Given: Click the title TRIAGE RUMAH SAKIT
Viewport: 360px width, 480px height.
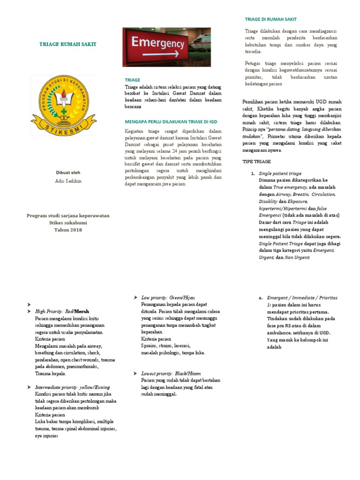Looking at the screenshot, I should pos(67,44).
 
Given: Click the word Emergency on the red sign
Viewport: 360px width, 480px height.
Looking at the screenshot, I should pos(157,44).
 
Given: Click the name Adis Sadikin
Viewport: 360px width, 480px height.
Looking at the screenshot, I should pos(68,181).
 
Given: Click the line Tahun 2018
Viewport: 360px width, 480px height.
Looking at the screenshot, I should pos(68,230).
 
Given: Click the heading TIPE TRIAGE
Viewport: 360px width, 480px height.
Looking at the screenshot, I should pos(256,161).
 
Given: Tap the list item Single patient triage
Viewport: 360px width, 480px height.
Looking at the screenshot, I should pos(280,173).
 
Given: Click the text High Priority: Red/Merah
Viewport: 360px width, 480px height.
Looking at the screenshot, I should pos(62,311).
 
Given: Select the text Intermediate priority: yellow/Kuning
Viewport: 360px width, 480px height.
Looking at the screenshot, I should pos(73,387).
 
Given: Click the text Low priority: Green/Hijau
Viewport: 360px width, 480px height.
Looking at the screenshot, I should pos(168,298).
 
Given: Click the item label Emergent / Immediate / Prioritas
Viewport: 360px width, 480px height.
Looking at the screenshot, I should pos(302,298).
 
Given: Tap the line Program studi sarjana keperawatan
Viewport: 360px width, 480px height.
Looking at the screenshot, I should pos(68,216).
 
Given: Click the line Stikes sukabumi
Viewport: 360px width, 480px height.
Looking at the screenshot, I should pos(68,223).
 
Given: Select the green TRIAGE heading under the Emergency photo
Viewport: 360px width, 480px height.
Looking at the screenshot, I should pos(132,80).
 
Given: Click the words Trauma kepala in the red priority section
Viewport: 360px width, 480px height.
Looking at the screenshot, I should pos(51,374).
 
